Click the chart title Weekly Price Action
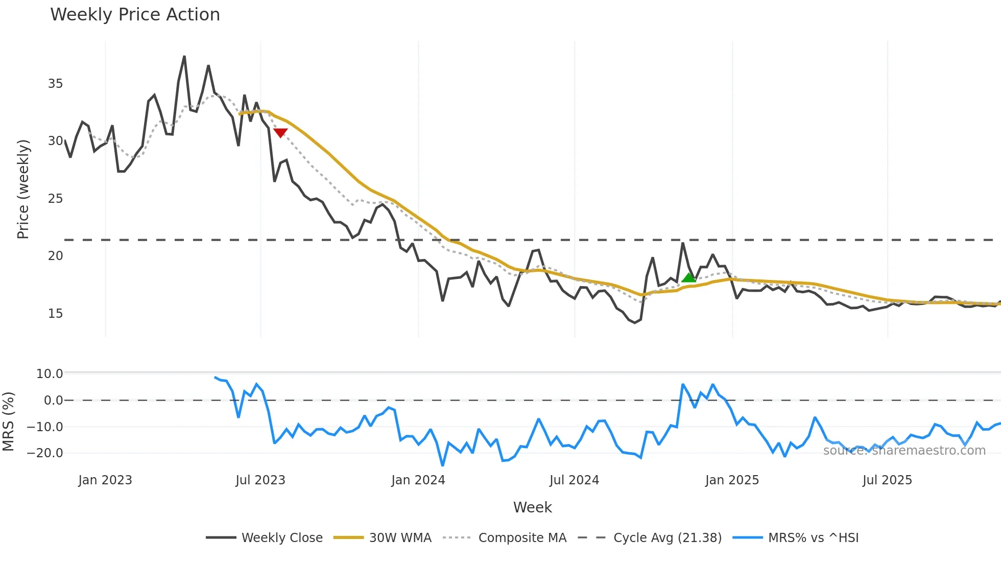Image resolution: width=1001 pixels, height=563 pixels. click(x=135, y=15)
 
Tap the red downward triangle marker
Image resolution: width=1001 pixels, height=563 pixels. click(x=280, y=133)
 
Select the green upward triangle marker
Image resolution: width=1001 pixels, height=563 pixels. click(x=688, y=278)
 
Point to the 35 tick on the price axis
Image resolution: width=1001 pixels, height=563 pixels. click(x=55, y=84)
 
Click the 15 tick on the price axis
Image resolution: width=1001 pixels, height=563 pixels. click(x=55, y=314)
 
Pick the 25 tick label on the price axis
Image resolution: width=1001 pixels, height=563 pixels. click(x=55, y=199)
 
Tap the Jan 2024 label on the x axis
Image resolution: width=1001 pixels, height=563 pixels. click(x=418, y=480)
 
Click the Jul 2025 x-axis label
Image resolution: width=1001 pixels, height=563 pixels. click(x=887, y=480)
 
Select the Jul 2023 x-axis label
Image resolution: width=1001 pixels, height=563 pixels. click(x=260, y=480)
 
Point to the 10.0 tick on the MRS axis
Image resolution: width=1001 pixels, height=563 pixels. click(x=50, y=374)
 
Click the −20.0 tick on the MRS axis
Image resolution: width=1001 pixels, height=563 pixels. click(x=45, y=453)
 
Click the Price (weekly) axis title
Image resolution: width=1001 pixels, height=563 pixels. click(x=23, y=189)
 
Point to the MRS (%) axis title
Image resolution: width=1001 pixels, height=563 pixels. click(x=8, y=421)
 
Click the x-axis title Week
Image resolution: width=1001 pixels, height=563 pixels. click(x=532, y=507)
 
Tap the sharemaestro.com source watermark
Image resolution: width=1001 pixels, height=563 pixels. click(x=904, y=451)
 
